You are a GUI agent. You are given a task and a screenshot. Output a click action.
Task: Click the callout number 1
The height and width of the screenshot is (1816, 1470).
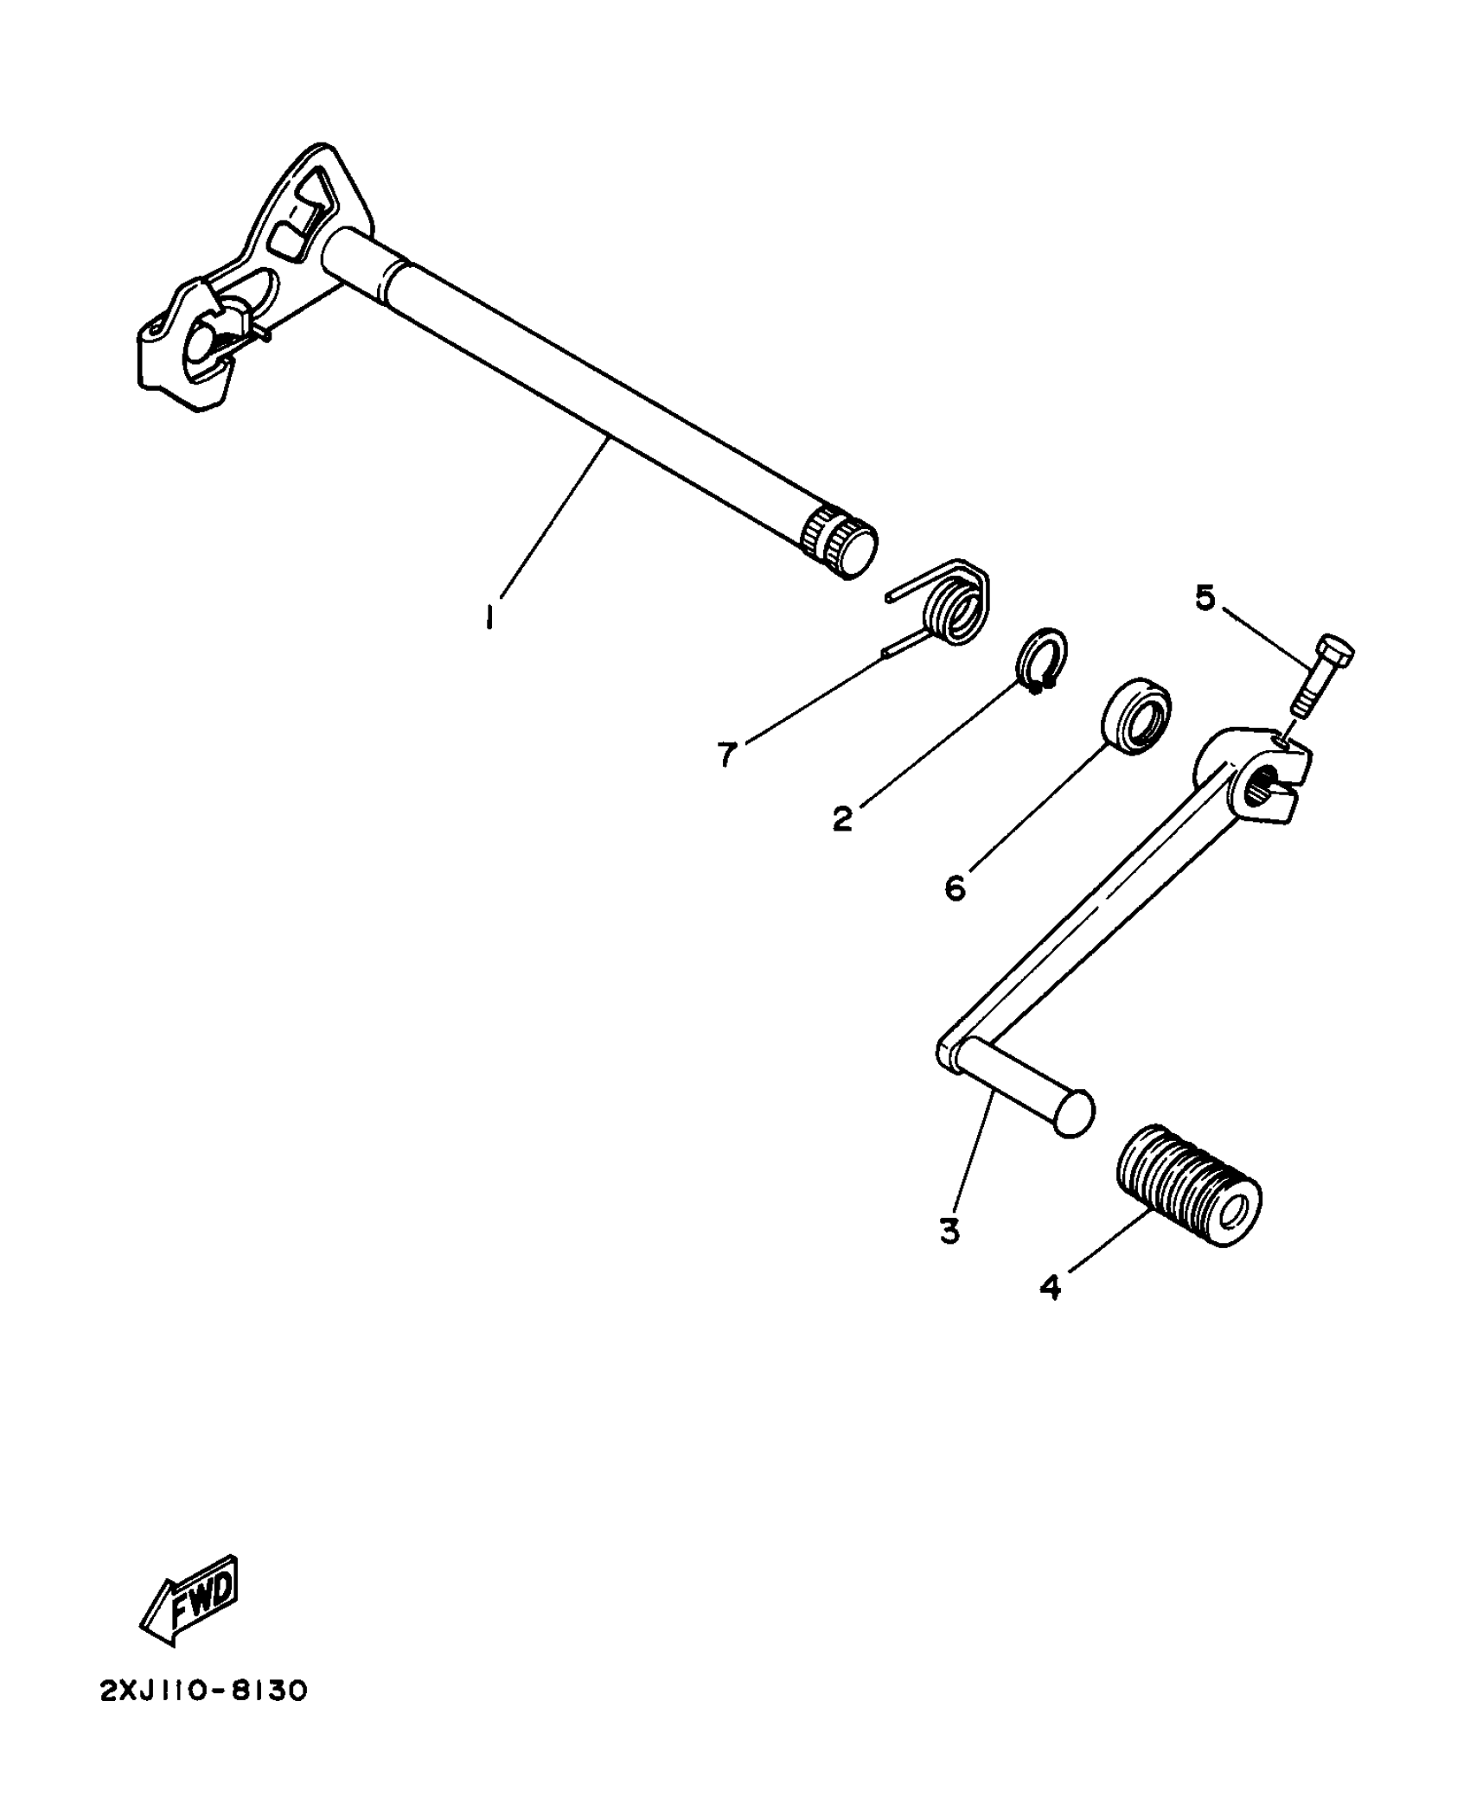click(489, 617)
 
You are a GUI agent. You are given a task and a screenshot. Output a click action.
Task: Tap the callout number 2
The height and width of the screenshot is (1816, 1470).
click(842, 818)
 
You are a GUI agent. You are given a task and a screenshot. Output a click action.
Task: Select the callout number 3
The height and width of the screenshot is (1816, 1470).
click(949, 1231)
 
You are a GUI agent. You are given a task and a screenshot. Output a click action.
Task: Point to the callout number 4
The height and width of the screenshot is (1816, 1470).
click(1050, 1311)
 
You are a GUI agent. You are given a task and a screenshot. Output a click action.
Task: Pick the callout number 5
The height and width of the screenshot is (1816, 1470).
click(1205, 597)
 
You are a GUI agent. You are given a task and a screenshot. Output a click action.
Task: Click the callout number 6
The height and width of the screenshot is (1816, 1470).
click(955, 887)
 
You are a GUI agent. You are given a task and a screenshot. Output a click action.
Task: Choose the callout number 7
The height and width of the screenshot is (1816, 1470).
click(726, 755)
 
